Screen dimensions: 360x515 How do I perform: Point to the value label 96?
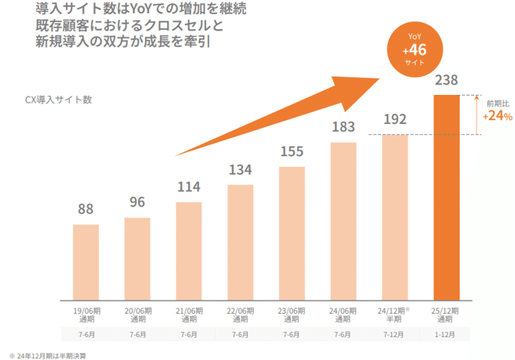[x=137, y=202]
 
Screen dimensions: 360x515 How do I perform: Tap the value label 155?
[x=292, y=151]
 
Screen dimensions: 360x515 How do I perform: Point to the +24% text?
[x=497, y=116]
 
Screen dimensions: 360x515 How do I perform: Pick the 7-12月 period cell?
[x=395, y=335]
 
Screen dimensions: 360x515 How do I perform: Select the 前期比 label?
[x=496, y=103]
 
